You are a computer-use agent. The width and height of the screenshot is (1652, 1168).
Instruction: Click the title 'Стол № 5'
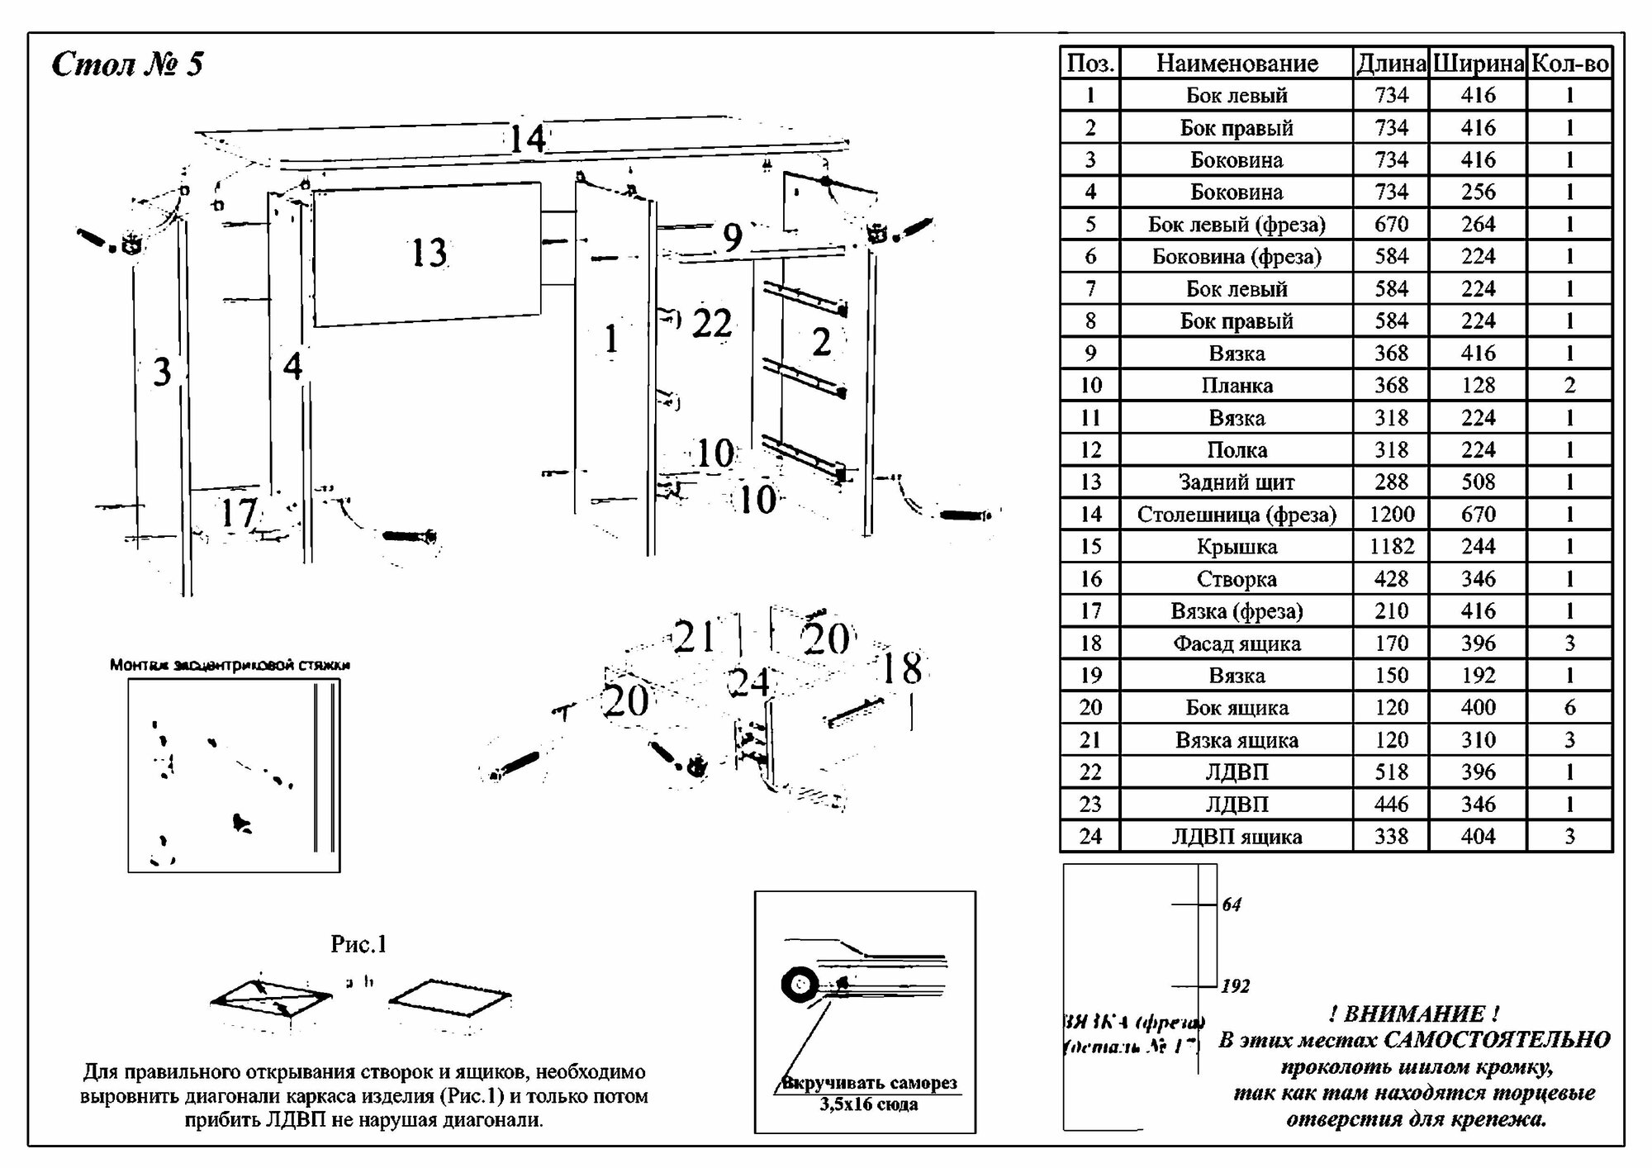point(127,64)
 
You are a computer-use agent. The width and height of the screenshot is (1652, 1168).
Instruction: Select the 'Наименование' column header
point(1237,63)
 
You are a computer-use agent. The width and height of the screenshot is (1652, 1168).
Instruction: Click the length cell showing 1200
point(1391,514)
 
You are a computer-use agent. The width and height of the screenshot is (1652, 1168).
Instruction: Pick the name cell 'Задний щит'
point(1237,482)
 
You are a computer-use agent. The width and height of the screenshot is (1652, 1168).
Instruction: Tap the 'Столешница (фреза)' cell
point(1237,514)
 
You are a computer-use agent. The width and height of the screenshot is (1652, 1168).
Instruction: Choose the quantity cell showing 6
point(1569,707)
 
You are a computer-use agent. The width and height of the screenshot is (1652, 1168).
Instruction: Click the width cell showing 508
point(1478,482)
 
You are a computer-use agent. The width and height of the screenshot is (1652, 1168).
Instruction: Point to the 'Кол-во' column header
point(1569,63)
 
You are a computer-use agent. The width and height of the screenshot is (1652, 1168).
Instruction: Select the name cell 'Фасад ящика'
point(1237,643)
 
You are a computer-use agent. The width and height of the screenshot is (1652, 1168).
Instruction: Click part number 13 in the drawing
point(429,253)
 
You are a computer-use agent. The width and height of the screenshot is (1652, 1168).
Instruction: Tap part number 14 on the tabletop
point(527,138)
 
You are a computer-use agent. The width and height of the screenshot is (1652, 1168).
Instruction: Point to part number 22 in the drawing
point(711,323)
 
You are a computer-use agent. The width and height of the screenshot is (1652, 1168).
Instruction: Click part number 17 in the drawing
point(238,513)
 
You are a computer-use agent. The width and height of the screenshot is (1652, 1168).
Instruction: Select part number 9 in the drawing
point(732,237)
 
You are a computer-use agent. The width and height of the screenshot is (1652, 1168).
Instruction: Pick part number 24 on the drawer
point(750,682)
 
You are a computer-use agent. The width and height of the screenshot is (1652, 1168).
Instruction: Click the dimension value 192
point(1236,985)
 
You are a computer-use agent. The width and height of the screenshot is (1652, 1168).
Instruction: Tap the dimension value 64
point(1232,904)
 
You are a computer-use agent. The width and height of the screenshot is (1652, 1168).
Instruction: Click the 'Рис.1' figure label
point(358,943)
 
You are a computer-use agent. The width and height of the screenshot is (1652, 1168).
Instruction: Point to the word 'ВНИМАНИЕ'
point(1415,1013)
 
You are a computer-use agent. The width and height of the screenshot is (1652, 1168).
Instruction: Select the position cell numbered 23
point(1090,804)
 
